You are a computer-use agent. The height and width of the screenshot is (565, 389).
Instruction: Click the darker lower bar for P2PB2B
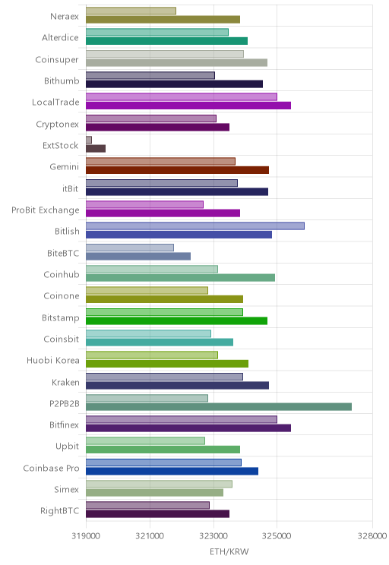click(219, 407)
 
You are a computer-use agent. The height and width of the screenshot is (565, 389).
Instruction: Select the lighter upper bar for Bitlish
click(195, 226)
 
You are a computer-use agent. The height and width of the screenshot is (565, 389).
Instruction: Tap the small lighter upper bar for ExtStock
click(89, 140)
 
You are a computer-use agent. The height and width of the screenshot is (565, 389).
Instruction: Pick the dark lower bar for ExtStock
click(96, 148)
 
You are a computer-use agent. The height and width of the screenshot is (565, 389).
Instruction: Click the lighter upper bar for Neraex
click(131, 11)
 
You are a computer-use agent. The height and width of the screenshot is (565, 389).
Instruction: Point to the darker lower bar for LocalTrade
click(188, 106)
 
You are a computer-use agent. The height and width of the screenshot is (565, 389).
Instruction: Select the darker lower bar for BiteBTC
click(138, 256)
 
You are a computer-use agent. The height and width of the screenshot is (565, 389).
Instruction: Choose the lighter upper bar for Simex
click(159, 484)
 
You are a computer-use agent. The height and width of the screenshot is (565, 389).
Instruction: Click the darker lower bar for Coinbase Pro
click(172, 471)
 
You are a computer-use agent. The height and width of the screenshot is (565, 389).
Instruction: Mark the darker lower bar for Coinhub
click(180, 277)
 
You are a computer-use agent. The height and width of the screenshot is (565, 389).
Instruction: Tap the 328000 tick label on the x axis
click(372, 536)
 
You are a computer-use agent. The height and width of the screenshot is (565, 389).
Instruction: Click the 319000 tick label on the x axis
click(86, 536)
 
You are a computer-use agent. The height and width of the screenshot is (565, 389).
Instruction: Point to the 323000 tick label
click(213, 536)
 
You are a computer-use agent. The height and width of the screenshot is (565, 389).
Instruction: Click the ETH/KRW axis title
click(229, 551)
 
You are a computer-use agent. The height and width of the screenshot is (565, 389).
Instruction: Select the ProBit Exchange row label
click(45, 210)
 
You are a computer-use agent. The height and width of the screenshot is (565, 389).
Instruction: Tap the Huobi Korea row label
click(53, 360)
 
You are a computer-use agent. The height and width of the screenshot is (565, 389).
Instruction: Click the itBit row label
click(71, 188)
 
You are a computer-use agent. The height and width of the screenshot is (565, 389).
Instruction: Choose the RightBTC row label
click(59, 510)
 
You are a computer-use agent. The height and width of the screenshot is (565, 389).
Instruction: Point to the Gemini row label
click(64, 167)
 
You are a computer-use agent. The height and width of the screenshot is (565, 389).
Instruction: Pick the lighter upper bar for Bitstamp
click(164, 312)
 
